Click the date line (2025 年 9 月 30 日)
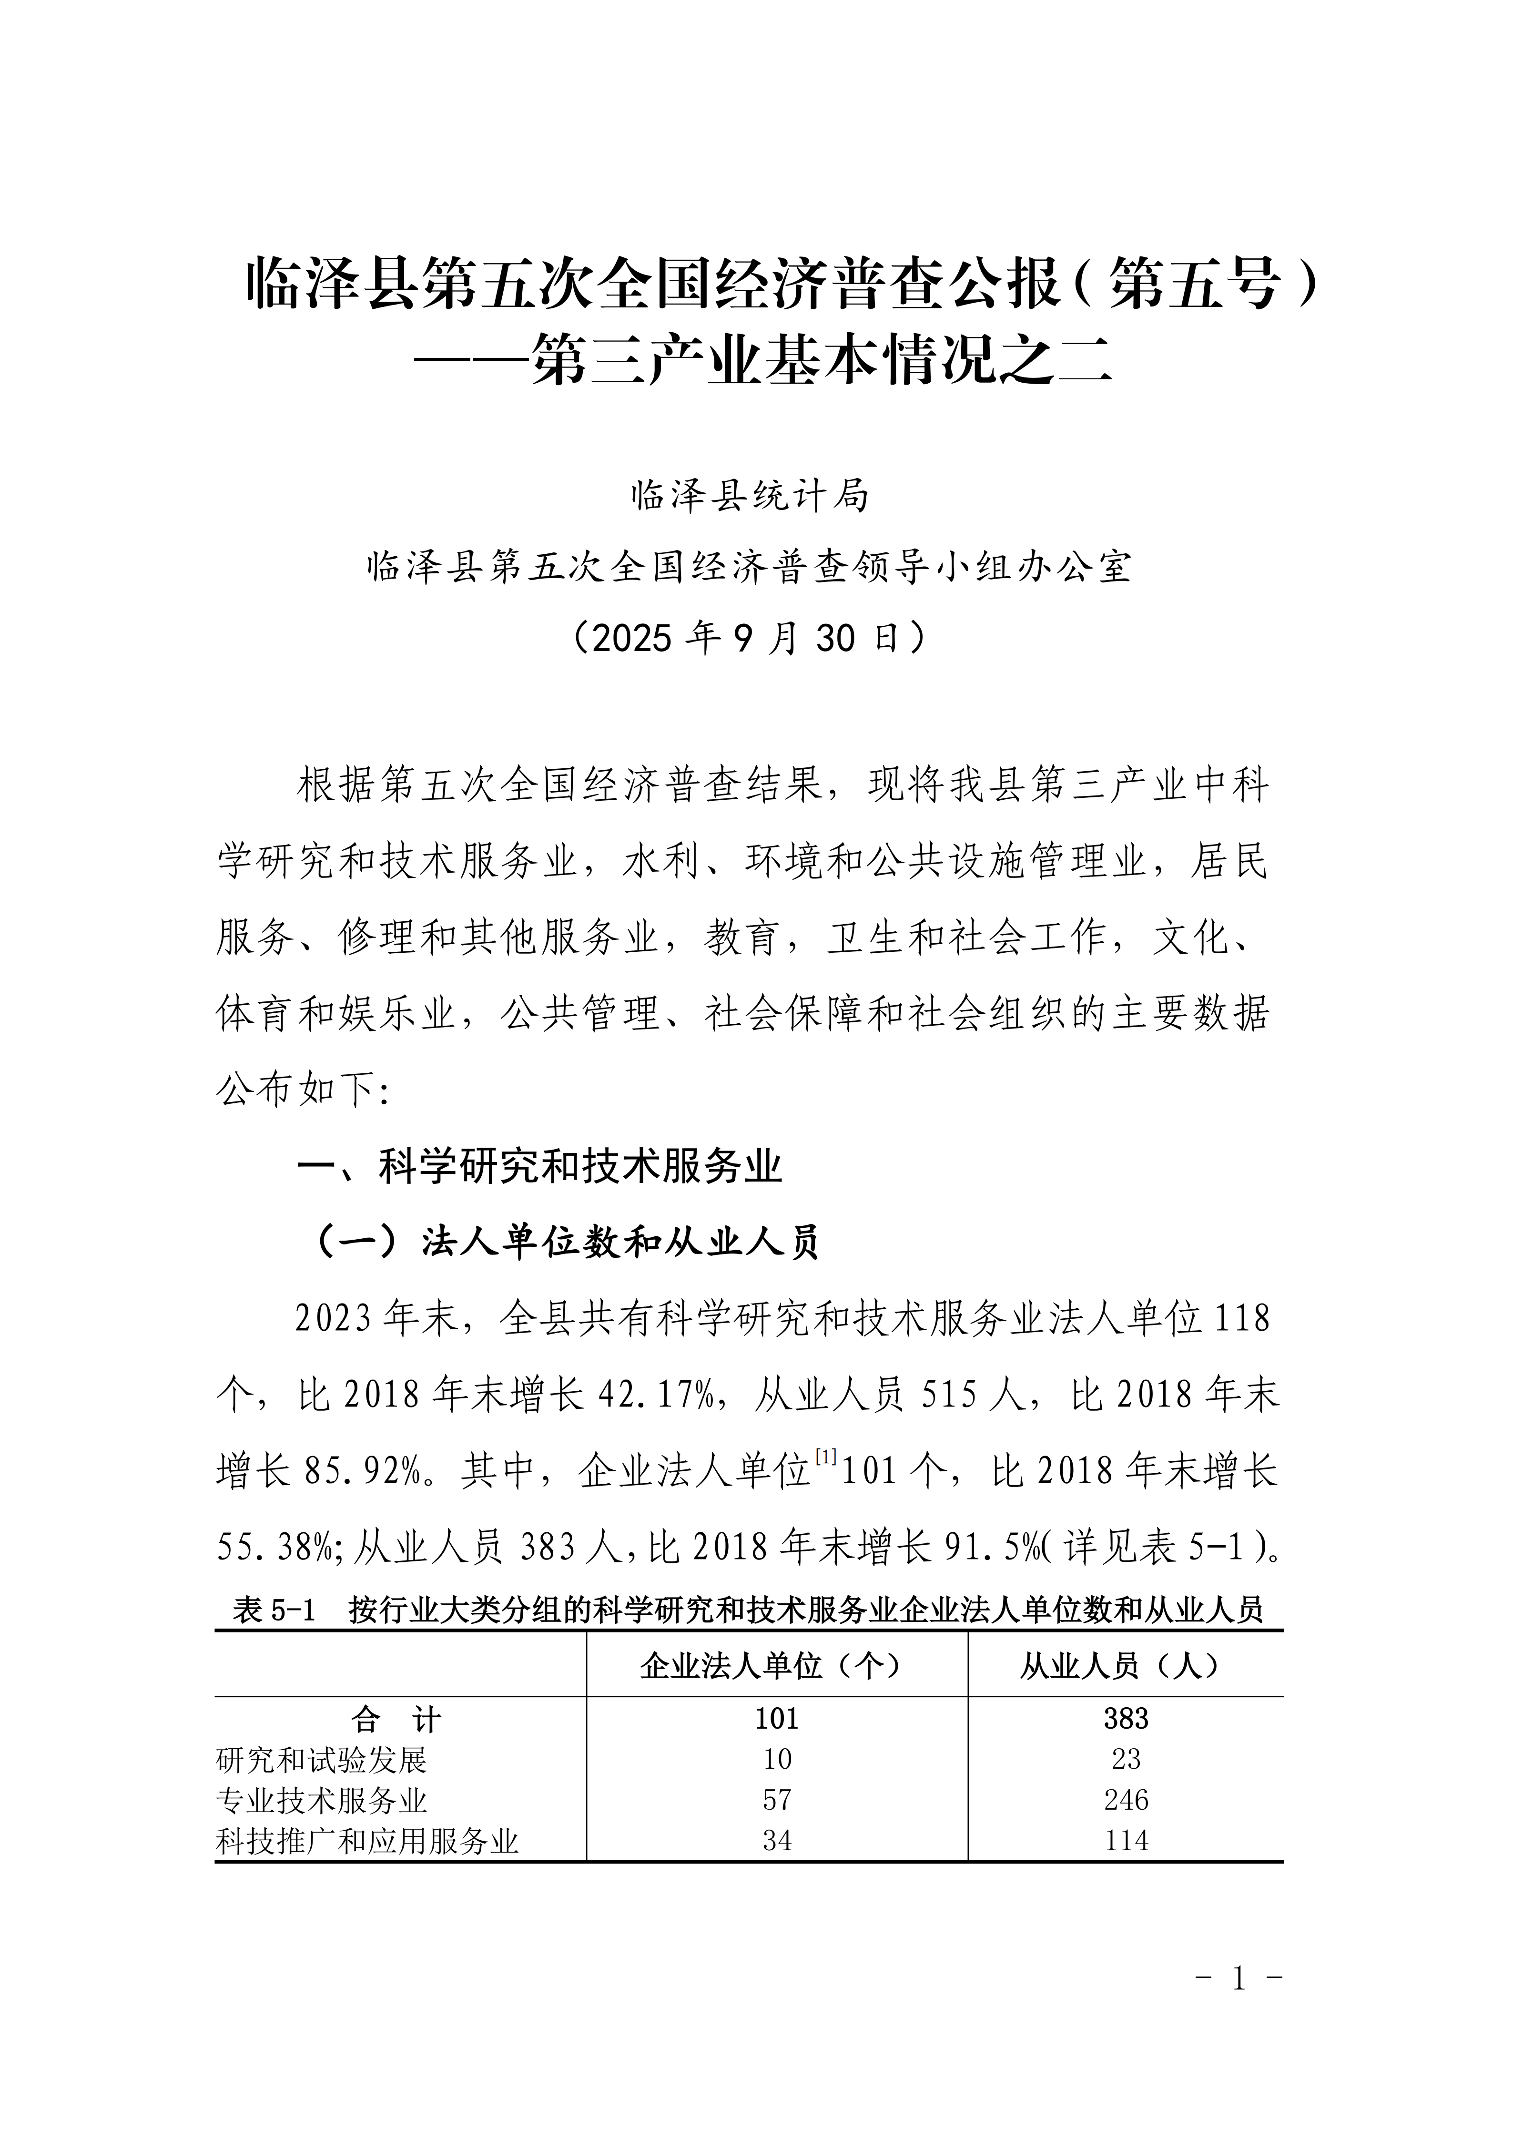(x=750, y=639)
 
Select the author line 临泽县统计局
(x=750, y=496)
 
